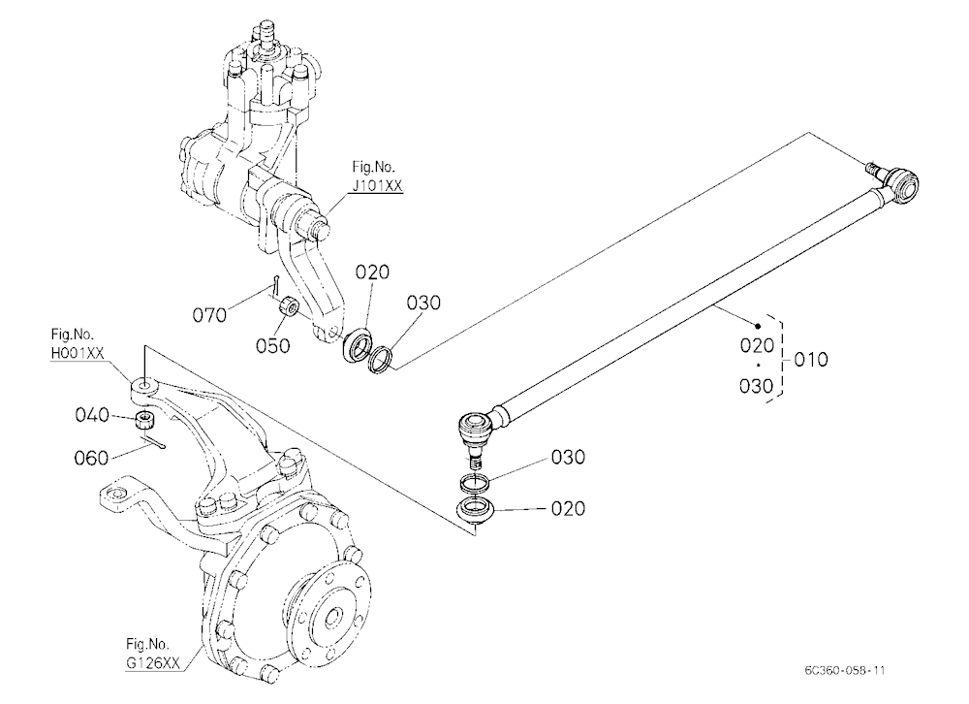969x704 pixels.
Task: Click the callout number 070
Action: (x=209, y=315)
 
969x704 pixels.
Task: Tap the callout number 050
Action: (x=272, y=345)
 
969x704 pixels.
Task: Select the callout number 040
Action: (x=92, y=414)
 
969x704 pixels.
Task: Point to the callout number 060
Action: (x=91, y=459)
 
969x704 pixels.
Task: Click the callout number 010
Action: (x=811, y=360)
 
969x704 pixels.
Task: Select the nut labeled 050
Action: (x=289, y=305)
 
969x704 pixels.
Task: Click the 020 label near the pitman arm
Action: (x=372, y=272)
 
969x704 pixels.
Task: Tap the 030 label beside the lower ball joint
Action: (x=567, y=458)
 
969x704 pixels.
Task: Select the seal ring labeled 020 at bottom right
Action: (x=475, y=510)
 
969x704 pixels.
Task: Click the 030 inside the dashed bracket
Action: (x=757, y=386)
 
